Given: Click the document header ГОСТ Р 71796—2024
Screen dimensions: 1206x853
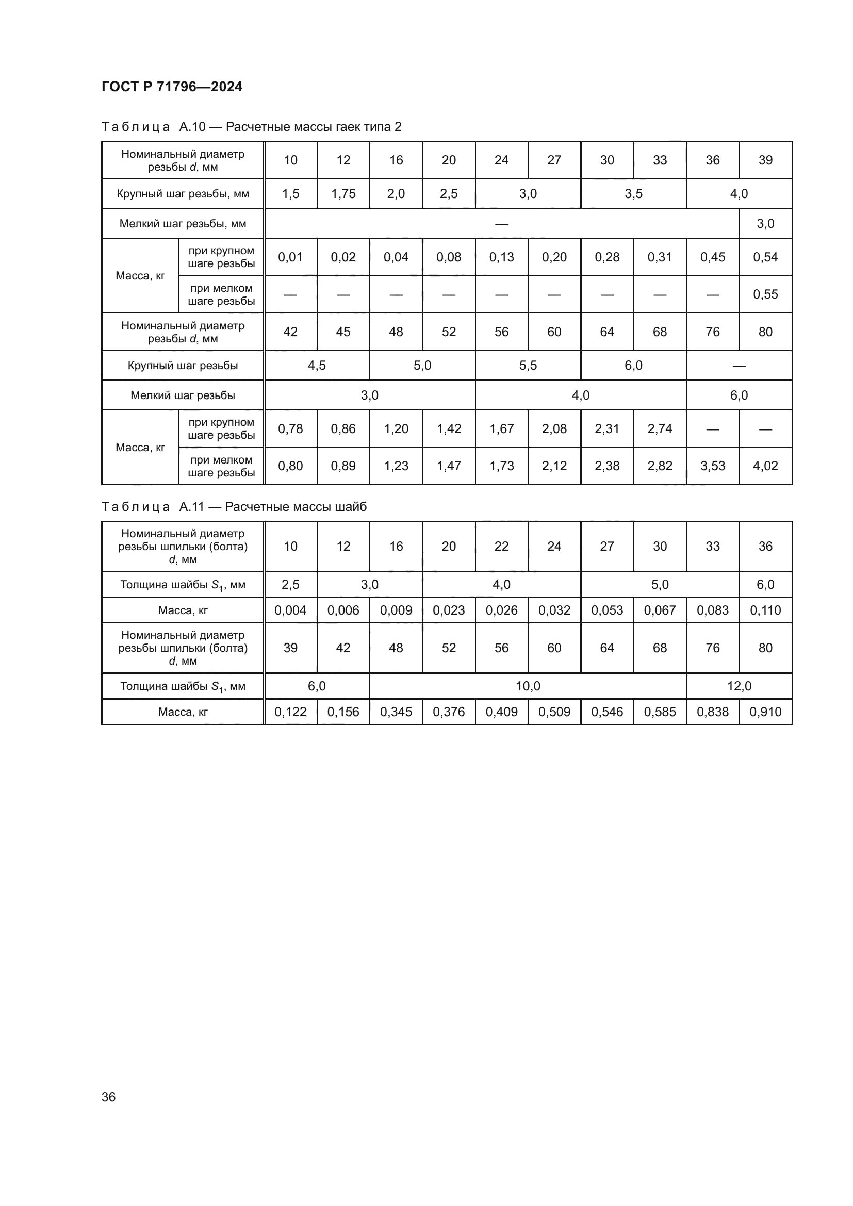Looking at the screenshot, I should [x=172, y=87].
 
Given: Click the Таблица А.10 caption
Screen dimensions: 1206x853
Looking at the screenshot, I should [x=251, y=127].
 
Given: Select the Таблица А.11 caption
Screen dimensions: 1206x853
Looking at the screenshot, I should [x=234, y=507].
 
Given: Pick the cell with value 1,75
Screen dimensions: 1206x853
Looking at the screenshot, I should [x=343, y=194].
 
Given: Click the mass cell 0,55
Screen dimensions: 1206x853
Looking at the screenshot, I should [x=765, y=294].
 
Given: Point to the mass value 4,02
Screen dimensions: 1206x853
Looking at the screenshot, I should [x=765, y=466].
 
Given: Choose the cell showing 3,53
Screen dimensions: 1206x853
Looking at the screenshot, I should [x=712, y=466].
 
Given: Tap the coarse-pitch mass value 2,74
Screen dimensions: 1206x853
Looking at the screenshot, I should [x=660, y=428].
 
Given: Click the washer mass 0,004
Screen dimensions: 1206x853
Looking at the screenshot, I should [x=290, y=610].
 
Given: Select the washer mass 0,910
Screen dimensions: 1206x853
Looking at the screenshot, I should [x=765, y=712].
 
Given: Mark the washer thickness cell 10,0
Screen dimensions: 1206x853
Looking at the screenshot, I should [x=528, y=686].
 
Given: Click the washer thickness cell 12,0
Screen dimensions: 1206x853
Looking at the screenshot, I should [x=739, y=686].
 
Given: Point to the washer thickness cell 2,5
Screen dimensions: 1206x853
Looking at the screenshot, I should [x=290, y=585].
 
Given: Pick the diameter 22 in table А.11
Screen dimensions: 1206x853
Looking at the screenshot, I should [x=502, y=546].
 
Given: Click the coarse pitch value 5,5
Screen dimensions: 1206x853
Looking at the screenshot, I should [x=528, y=366].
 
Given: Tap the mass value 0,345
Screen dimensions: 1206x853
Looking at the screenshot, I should [x=396, y=712].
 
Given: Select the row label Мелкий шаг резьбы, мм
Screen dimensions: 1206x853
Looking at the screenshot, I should [x=183, y=224].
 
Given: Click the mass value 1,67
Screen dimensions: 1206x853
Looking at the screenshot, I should [x=502, y=428].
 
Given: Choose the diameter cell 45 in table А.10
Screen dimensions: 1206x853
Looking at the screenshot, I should [x=343, y=332].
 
